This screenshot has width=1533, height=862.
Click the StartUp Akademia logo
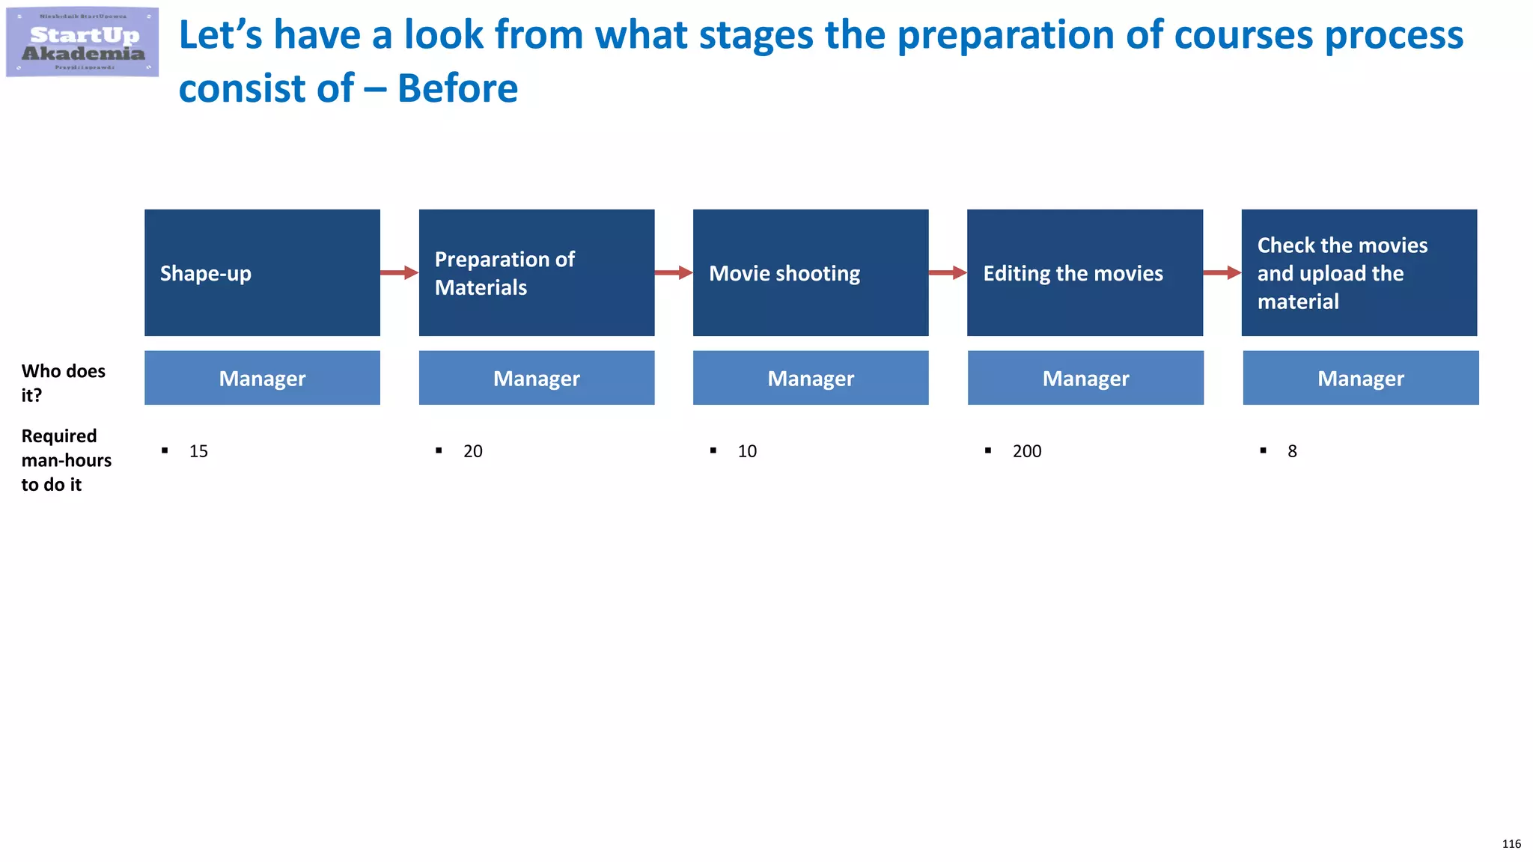point(82,43)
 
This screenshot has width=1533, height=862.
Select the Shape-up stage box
point(262,272)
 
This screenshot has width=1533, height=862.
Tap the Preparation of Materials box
point(536,272)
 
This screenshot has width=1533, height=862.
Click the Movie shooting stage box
point(811,272)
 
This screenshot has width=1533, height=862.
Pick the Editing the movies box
point(1085,272)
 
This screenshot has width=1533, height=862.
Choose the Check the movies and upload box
point(1359,272)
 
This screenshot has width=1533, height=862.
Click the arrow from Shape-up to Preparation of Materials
point(399,272)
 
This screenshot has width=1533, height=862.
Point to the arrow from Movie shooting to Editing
point(948,272)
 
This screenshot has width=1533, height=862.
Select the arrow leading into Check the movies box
point(1222,272)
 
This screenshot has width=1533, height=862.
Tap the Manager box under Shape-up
point(262,378)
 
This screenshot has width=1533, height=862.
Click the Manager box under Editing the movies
point(1085,378)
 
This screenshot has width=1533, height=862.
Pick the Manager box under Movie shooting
point(811,378)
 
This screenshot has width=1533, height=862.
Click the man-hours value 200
point(1026,451)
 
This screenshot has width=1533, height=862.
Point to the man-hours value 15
point(198,451)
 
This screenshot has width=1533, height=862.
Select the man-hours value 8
point(1292,451)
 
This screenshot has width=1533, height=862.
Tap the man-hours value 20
point(472,451)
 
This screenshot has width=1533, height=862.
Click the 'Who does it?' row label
point(63,382)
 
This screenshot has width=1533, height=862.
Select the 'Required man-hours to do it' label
point(66,459)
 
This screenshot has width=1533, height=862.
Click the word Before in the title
point(457,88)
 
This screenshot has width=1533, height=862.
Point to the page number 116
point(1511,844)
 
